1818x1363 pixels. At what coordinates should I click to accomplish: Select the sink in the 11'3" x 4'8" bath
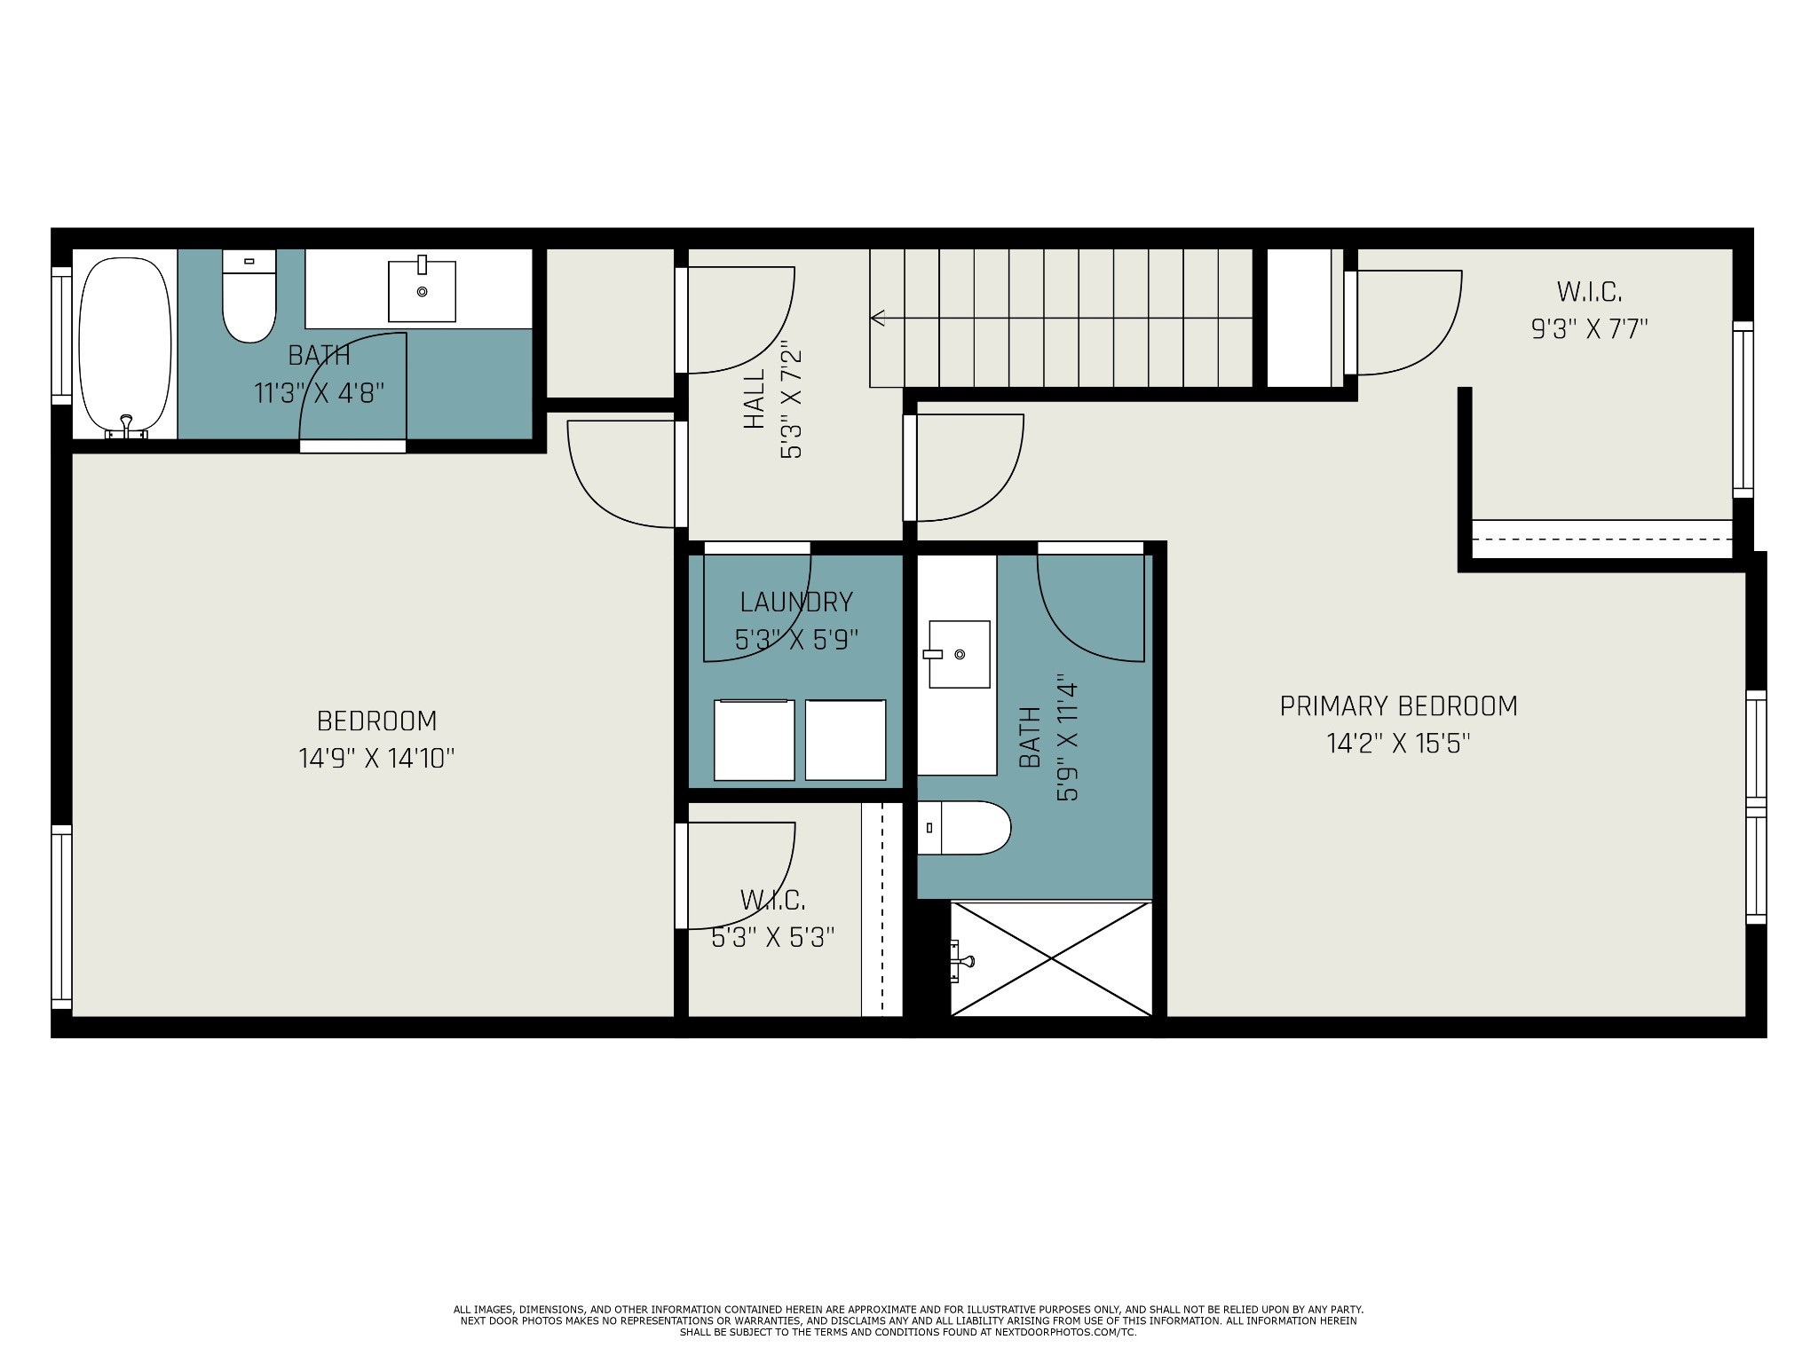[422, 290]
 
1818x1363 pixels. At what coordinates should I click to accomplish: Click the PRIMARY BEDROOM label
[1398, 706]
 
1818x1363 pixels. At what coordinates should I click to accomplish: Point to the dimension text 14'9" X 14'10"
[376, 759]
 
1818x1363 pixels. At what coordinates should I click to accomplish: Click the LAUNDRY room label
[796, 603]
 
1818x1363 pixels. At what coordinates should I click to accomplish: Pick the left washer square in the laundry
[754, 740]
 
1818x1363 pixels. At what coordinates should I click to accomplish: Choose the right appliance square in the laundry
[845, 740]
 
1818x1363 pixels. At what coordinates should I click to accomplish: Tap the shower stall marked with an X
[1051, 958]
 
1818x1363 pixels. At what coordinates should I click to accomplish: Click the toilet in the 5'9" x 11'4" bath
[964, 828]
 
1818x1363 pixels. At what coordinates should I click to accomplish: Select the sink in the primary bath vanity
[959, 654]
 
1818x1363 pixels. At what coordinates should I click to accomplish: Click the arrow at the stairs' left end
[879, 318]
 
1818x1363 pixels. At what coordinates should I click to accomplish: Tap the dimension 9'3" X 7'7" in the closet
[1589, 329]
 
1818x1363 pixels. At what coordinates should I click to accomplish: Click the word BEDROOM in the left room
[376, 721]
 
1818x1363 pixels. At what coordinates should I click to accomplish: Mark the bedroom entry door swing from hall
[621, 475]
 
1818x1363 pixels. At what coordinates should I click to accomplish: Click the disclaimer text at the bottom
[908, 1320]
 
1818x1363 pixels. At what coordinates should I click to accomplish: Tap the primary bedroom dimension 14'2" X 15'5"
[1398, 744]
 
